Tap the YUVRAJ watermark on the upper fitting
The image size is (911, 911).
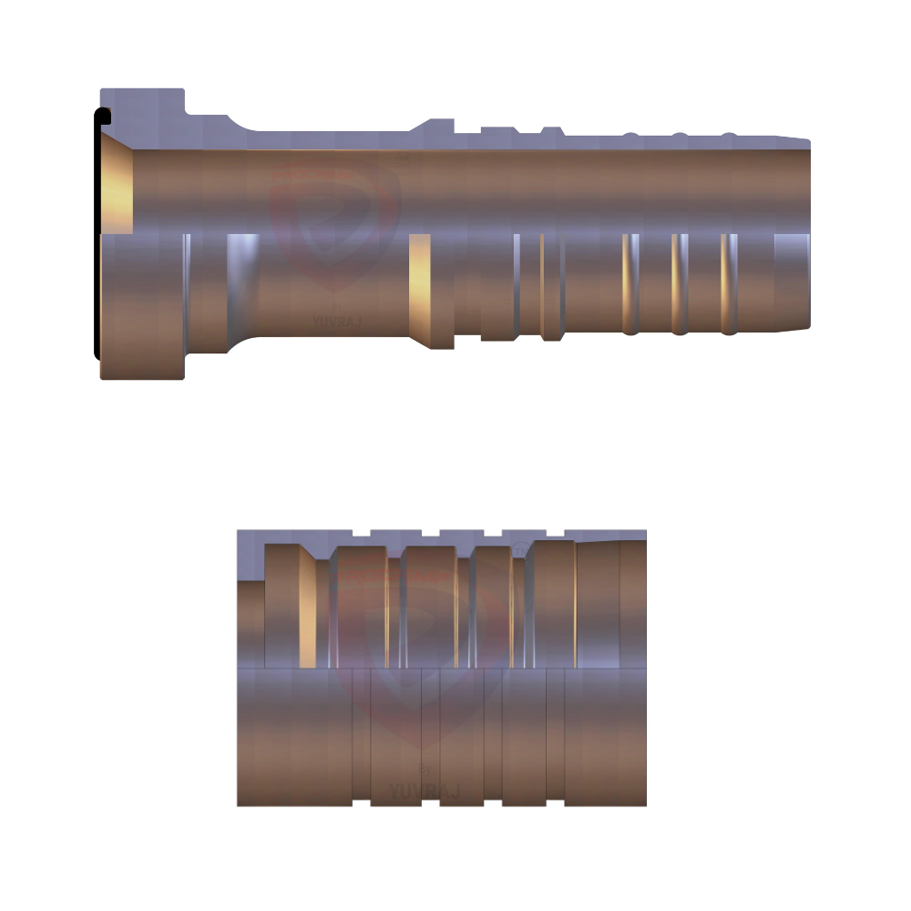tap(337, 321)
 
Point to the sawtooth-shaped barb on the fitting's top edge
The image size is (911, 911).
tap(550, 133)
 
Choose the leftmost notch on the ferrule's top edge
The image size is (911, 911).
tap(361, 533)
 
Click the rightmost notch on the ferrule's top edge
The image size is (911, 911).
tap(555, 533)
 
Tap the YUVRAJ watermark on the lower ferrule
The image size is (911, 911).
tap(424, 791)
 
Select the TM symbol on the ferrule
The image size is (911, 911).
tap(519, 549)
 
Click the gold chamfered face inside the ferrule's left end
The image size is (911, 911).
tap(307, 609)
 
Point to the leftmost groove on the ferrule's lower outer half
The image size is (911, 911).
tap(361, 738)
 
